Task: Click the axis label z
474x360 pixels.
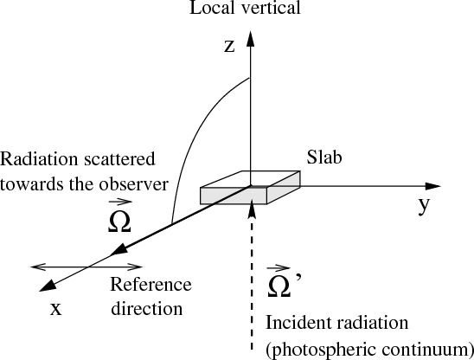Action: pos(229,47)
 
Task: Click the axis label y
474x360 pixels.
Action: pos(424,205)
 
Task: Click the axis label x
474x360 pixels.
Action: pos(56,309)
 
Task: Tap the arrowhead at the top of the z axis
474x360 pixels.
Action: pos(250,38)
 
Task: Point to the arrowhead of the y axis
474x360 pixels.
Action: pos(432,186)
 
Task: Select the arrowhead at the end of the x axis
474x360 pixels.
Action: pos(48,286)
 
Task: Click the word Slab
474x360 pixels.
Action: pos(324,157)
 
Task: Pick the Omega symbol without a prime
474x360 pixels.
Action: pos(119,218)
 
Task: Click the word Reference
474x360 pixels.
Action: pos(151,285)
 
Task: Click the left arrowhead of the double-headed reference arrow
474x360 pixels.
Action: pos(39,267)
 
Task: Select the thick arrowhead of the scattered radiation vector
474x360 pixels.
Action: pos(119,249)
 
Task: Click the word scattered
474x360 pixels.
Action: pos(119,159)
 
